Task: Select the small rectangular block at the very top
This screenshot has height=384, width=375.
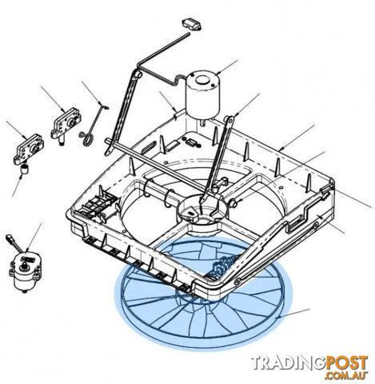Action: click(x=192, y=25)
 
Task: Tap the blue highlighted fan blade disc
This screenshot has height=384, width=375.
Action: click(x=204, y=293)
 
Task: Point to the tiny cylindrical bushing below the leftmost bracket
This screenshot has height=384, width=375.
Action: click(x=26, y=170)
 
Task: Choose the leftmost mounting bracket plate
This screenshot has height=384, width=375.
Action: click(x=28, y=149)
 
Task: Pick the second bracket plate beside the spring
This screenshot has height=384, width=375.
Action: click(x=66, y=123)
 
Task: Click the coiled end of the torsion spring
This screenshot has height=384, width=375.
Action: click(x=88, y=139)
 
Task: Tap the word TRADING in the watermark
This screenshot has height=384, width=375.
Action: click(x=287, y=362)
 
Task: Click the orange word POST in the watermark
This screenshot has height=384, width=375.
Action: click(x=346, y=362)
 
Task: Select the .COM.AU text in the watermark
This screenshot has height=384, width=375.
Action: click(x=346, y=375)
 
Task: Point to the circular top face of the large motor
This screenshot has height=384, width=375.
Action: click(x=203, y=78)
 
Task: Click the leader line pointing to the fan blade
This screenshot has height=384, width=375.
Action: click(x=293, y=314)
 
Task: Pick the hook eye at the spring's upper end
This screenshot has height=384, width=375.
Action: click(x=106, y=107)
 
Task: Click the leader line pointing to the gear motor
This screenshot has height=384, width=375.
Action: click(x=34, y=237)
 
